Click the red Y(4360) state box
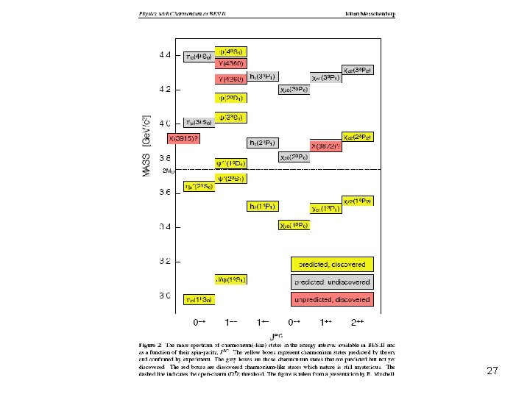(x=231, y=63)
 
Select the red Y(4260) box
(x=231, y=79)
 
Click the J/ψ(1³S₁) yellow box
(x=231, y=279)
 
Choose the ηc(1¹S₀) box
(x=199, y=299)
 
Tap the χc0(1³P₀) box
(x=294, y=224)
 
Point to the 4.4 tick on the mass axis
(x=165, y=54)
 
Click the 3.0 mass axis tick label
(x=165, y=296)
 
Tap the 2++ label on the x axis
(x=358, y=322)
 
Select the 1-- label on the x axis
(x=231, y=322)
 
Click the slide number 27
(x=492, y=372)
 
